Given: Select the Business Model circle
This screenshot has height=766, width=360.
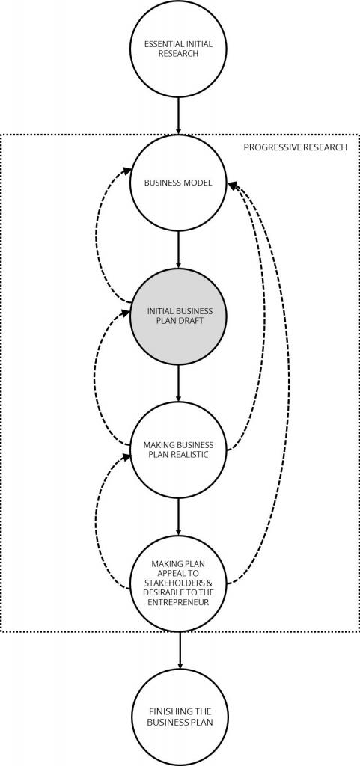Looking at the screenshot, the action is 178,183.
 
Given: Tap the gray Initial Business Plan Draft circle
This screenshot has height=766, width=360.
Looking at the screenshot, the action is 178,316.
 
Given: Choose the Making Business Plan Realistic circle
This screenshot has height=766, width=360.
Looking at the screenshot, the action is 178,450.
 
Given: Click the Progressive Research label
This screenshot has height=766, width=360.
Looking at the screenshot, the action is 296,147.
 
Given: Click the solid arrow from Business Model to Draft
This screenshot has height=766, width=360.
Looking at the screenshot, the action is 178,250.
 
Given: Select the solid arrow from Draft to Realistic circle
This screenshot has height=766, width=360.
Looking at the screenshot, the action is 178,383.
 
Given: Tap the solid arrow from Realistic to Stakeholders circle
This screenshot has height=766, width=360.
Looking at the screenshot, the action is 178,517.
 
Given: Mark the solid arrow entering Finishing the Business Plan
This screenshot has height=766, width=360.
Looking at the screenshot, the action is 180,650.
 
